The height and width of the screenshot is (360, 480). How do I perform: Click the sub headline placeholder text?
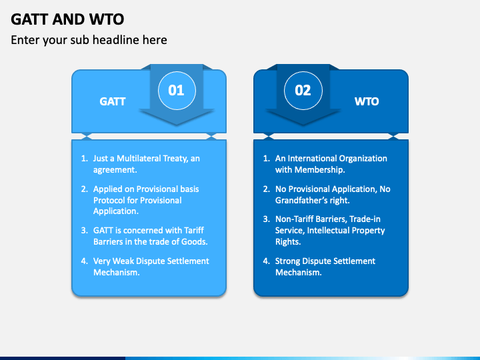pyautogui.click(x=89, y=40)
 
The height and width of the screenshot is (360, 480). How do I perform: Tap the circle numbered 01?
pyautogui.click(x=176, y=90)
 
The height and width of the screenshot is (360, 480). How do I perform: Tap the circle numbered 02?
pyautogui.click(x=303, y=90)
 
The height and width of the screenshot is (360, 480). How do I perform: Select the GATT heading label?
pyautogui.click(x=113, y=102)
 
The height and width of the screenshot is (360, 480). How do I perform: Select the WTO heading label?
pyautogui.click(x=367, y=102)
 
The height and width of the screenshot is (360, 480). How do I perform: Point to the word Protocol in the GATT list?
pyautogui.click(x=109, y=200)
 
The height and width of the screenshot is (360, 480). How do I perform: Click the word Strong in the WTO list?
pyautogui.click(x=289, y=261)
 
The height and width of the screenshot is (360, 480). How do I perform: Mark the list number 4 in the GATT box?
pyautogui.click(x=84, y=261)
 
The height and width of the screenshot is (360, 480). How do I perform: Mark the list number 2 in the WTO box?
pyautogui.click(x=266, y=189)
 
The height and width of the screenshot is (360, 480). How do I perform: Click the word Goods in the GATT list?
pyautogui.click(x=193, y=241)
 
